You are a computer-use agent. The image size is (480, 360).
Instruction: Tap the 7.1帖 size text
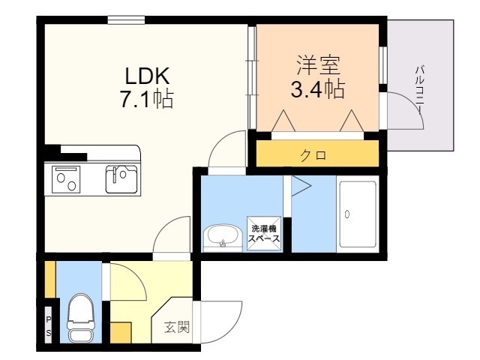pos(147,99)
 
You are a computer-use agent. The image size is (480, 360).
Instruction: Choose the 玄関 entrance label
pos(176,327)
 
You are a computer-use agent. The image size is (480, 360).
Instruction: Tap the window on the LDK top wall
pos(126,20)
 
